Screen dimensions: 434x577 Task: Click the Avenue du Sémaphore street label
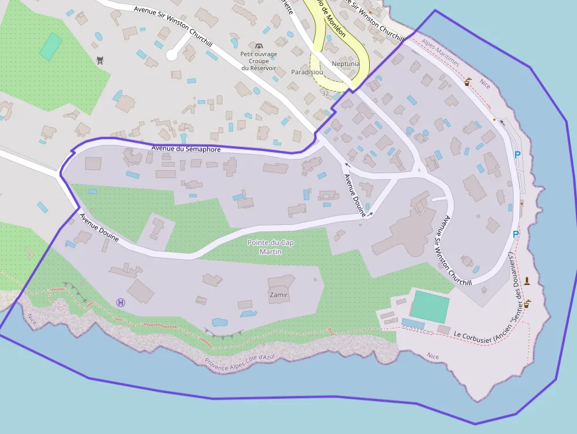[186, 149]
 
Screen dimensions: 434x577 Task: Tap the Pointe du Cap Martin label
[270, 247]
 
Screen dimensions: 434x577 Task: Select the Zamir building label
[278, 294]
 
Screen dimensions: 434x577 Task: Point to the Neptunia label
[346, 64]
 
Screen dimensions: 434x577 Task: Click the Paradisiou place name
[307, 72]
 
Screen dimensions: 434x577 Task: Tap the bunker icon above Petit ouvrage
[258, 46]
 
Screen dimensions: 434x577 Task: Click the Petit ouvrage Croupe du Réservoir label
[258, 61]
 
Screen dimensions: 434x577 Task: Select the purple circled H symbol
[121, 303]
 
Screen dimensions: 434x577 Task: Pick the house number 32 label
[325, 94]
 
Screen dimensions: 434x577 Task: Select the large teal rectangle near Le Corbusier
[430, 306]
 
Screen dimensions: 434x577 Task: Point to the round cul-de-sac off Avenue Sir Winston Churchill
[171, 55]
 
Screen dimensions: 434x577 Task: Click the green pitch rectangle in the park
[51, 46]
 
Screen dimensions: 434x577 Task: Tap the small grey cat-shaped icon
[100, 59]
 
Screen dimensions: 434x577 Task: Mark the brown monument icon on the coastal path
[527, 281]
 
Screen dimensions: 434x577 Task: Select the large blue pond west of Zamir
[220, 323]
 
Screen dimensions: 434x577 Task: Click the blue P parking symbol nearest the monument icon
[516, 234]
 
